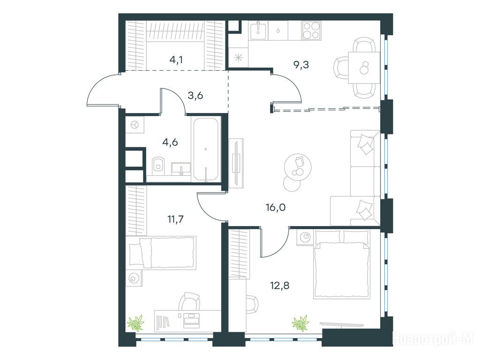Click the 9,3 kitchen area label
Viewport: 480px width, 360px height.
301,65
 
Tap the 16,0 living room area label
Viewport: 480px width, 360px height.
276,208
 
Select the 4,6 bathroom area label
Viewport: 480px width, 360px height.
170,142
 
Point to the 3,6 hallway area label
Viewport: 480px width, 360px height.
195,96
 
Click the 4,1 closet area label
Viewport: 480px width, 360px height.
176,60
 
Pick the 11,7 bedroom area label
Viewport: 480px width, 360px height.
176,219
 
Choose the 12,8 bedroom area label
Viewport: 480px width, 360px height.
280,286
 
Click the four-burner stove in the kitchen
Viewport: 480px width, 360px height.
311,30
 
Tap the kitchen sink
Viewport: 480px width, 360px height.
259,30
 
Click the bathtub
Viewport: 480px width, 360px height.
206,150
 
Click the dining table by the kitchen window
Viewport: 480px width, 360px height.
364,67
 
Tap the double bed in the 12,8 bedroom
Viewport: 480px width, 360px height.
342,264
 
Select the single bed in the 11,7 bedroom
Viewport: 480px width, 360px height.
163,253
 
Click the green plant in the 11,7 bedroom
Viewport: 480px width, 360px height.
135,322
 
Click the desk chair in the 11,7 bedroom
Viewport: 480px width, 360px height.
189,301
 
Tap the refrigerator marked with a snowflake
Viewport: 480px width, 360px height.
239,57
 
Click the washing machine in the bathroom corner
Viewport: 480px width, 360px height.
135,125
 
